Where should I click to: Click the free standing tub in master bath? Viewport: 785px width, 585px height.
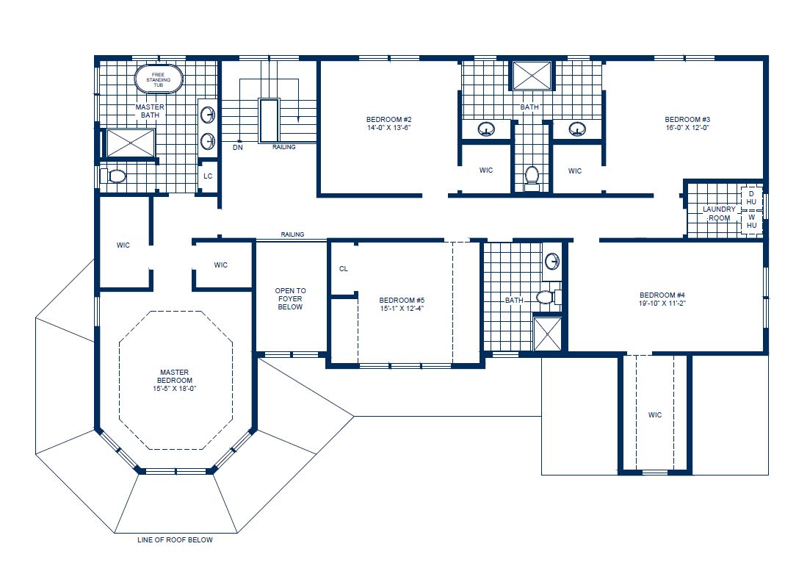[158, 80]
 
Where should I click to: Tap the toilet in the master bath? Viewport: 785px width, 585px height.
[117, 176]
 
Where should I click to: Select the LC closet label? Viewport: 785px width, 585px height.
[208, 176]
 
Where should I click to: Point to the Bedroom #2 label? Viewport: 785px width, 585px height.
[388, 119]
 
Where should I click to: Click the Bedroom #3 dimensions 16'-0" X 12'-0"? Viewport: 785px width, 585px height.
[687, 128]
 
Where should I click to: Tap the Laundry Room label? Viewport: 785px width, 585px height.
[719, 213]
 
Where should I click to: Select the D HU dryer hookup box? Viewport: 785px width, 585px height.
[751, 198]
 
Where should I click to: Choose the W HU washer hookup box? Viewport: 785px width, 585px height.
[751, 221]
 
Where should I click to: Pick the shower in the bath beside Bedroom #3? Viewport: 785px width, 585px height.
[532, 76]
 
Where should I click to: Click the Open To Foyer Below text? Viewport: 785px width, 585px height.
[291, 299]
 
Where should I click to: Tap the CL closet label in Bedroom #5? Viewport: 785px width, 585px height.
[344, 269]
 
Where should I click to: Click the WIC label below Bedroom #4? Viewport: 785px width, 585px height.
[654, 415]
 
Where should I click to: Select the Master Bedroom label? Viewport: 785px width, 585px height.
[176, 376]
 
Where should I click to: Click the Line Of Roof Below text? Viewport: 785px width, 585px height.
[175, 540]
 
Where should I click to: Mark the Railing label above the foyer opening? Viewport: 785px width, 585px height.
[292, 234]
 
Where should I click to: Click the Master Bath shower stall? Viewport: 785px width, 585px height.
[131, 143]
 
